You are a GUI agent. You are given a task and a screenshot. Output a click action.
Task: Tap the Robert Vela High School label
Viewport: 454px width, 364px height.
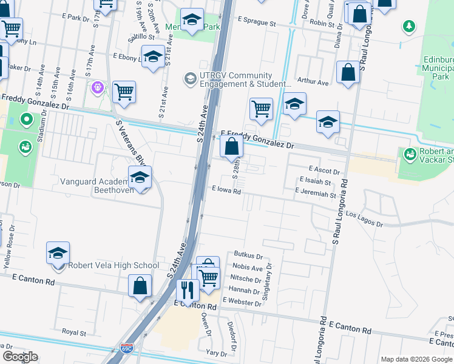113,265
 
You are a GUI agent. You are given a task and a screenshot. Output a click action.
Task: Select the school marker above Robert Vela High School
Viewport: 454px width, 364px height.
58,254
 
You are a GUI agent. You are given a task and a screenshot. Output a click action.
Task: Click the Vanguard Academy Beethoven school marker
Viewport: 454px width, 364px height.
140,178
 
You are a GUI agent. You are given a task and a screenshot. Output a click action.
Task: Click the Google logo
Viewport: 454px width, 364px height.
20,357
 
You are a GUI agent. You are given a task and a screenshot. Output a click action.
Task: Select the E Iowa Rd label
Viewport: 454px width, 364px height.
227,190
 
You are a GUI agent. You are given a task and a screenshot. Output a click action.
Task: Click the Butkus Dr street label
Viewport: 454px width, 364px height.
248,257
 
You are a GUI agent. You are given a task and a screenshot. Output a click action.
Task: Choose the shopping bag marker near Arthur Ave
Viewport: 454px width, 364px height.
348,72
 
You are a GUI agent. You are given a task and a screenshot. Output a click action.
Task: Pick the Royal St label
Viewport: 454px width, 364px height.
74,332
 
